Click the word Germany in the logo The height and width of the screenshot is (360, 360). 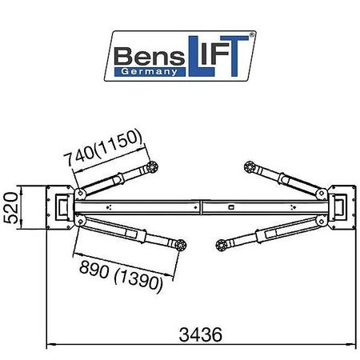[149, 72]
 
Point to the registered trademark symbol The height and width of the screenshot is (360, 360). [251, 34]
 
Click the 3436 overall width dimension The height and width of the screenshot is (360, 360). [200, 334]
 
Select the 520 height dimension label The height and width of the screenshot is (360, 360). [11, 207]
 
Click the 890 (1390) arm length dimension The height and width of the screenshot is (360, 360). [121, 276]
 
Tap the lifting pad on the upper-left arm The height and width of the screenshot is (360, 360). [152, 167]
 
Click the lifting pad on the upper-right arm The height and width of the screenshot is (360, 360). [250, 167]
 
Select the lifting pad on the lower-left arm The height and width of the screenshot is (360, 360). [181, 245]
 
